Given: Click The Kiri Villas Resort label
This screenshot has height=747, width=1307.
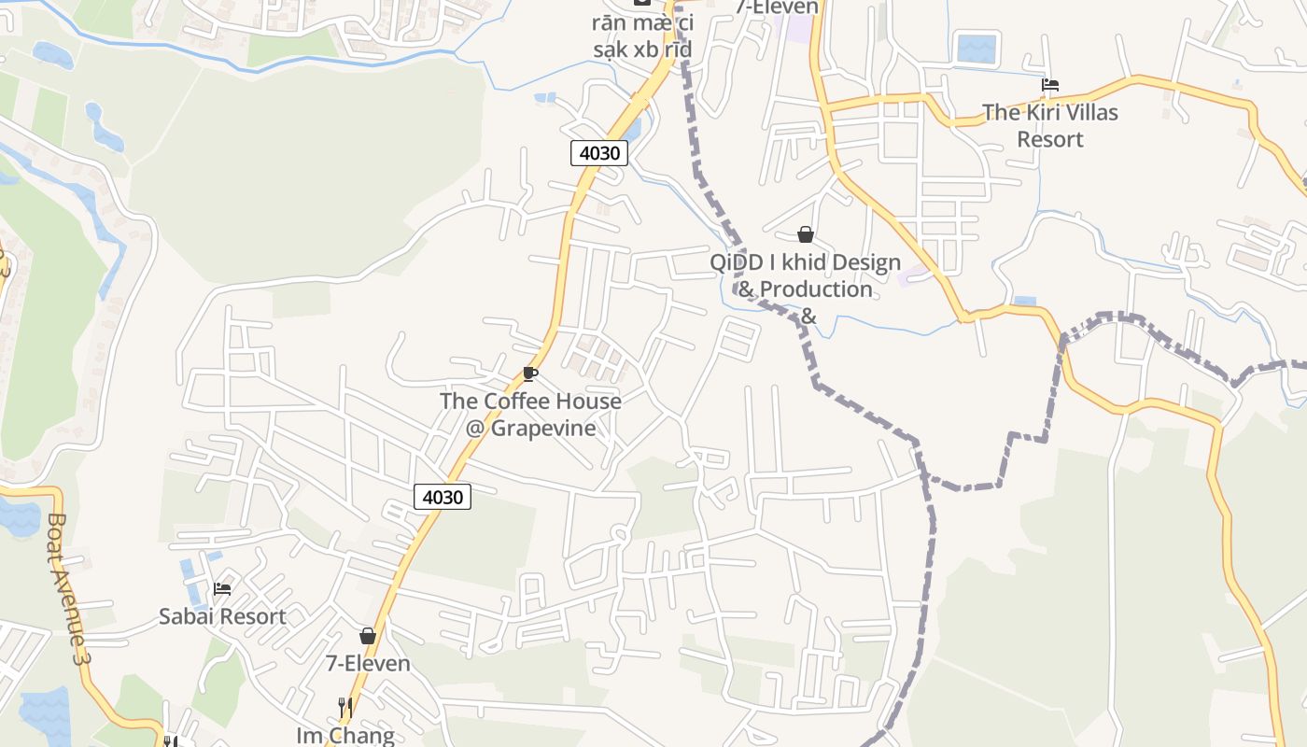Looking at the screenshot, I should click(x=1049, y=125).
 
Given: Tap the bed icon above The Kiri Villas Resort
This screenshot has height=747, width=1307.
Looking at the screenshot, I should click(x=1050, y=85).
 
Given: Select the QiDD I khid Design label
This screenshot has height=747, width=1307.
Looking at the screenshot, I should click(x=805, y=262).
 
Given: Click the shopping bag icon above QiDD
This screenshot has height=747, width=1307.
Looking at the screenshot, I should click(x=805, y=234).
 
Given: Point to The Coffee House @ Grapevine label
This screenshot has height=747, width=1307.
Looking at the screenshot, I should click(x=530, y=415).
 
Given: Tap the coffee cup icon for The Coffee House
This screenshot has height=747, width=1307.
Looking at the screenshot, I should click(x=530, y=374).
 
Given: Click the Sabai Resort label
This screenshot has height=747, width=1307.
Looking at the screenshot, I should click(x=222, y=616).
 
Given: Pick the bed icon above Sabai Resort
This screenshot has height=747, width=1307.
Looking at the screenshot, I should click(x=222, y=589).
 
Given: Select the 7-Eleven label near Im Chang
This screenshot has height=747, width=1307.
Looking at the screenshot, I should click(x=368, y=663).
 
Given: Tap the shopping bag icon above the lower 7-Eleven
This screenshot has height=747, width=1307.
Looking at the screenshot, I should click(x=368, y=636).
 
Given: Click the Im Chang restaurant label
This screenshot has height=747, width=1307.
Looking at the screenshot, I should click(x=345, y=735).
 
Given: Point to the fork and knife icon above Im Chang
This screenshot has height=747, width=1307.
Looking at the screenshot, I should click(x=345, y=708).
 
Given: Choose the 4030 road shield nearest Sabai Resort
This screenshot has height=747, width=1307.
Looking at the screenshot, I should click(x=443, y=497).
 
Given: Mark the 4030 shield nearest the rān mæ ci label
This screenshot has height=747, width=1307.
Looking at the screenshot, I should click(x=598, y=152).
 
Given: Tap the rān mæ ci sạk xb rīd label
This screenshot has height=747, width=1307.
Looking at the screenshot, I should click(x=642, y=35).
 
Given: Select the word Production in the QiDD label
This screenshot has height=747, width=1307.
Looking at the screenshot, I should click(x=817, y=289).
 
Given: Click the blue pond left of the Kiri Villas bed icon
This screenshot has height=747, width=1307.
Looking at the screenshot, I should click(x=977, y=48).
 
